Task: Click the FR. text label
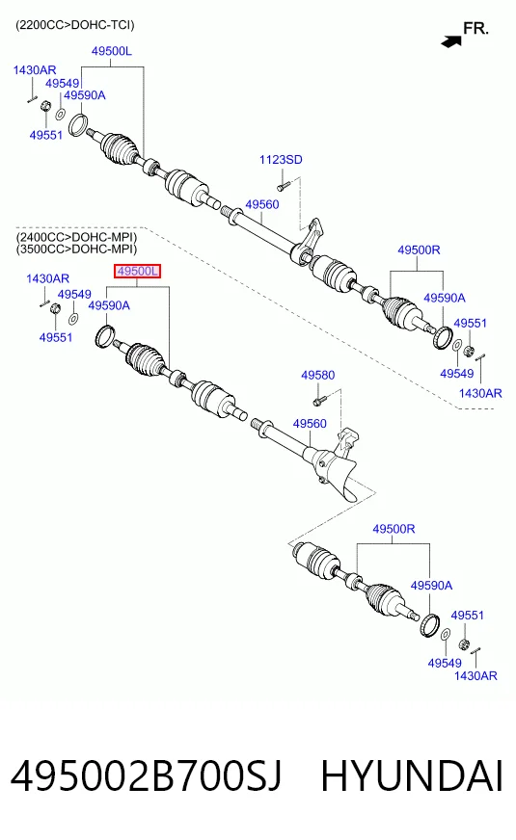click(x=475, y=28)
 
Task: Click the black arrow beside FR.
click(x=451, y=40)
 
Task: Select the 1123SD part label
click(x=281, y=160)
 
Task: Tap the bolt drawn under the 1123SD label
click(x=284, y=186)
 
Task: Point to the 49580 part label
click(x=317, y=375)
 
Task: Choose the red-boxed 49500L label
click(x=137, y=272)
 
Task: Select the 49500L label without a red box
click(x=112, y=51)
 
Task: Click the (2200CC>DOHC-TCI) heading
click(x=75, y=25)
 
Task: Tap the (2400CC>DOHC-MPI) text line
click(x=76, y=237)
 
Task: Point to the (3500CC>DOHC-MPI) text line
click(x=76, y=249)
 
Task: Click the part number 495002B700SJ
click(x=146, y=776)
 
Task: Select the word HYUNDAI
click(x=412, y=776)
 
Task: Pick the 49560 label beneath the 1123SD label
click(x=262, y=204)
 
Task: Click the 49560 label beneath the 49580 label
click(x=310, y=424)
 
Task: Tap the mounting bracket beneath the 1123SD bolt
click(x=310, y=236)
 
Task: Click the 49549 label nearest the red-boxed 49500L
click(x=74, y=295)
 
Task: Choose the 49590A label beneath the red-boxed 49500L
click(x=109, y=305)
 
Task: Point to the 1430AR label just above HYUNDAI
click(x=475, y=676)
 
